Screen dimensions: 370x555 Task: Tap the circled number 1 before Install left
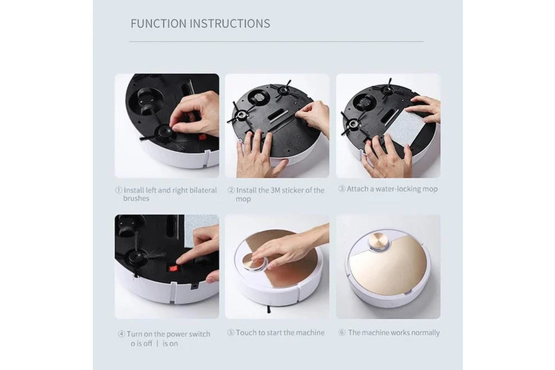pyautogui.click(x=119, y=190)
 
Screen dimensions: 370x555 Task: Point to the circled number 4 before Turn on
pyautogui.click(x=121, y=334)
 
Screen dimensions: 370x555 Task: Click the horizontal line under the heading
pyautogui.click(x=276, y=41)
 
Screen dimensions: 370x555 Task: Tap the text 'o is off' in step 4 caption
pyautogui.click(x=141, y=343)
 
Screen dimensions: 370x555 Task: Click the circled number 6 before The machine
pyautogui.click(x=342, y=333)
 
